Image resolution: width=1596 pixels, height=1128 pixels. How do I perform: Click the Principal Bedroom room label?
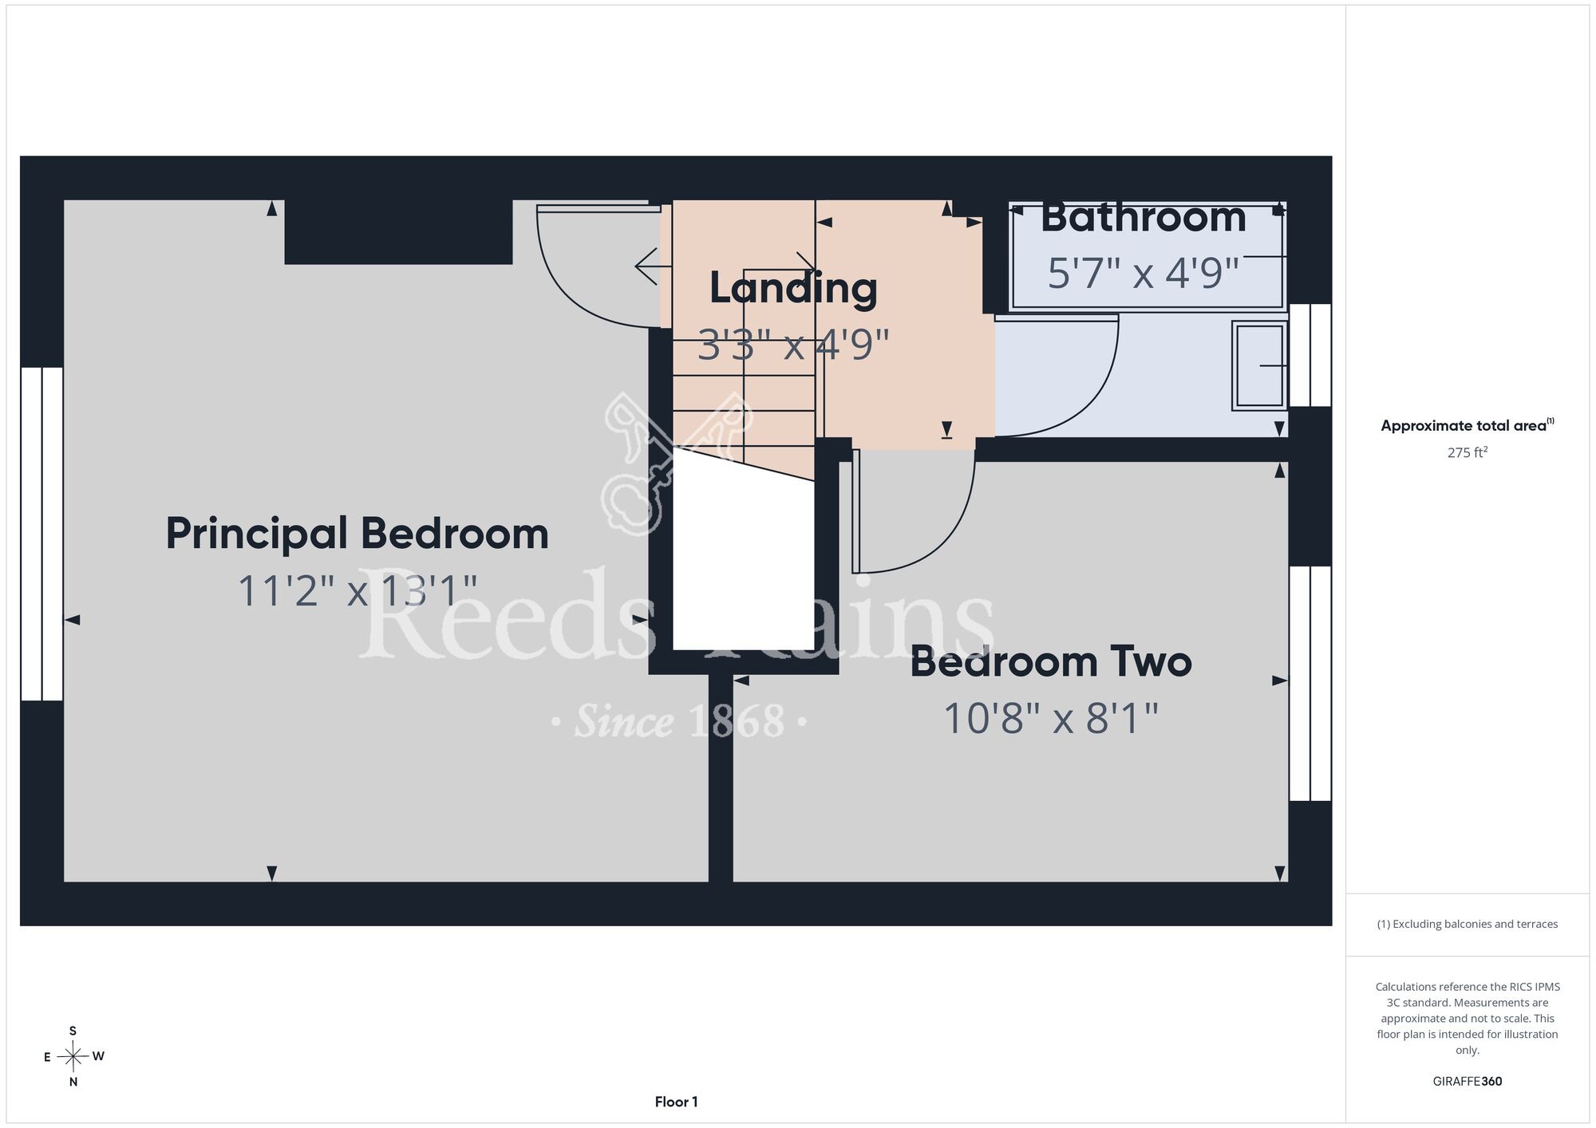coord(357,534)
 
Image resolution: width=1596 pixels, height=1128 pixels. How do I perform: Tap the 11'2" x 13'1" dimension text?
coord(358,592)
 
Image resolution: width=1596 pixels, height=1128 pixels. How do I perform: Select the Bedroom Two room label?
coord(1051,662)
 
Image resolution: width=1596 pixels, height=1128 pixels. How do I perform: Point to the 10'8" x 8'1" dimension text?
coord(1051,718)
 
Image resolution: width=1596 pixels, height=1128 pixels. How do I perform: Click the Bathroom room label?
coord(1143,218)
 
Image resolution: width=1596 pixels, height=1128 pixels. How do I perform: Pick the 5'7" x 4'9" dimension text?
coord(1143,273)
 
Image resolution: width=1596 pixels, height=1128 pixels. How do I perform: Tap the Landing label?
coord(793,289)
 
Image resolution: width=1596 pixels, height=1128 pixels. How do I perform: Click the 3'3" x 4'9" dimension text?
coord(793,345)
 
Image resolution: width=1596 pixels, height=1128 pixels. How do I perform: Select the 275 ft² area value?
coord(1468,452)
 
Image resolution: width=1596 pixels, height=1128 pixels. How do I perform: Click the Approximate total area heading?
coord(1468,425)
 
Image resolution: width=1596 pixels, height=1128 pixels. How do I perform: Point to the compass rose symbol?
coord(73,1057)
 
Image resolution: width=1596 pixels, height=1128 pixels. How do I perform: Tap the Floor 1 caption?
coord(676,1102)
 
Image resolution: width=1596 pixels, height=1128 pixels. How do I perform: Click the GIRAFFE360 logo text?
coord(1468,1082)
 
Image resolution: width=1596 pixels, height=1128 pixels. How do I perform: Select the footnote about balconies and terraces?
coord(1468,924)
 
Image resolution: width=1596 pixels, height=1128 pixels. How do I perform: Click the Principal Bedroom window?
coord(41,534)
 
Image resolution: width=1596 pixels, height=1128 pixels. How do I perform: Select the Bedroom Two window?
coord(1310,684)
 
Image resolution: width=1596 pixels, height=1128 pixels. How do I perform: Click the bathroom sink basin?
coord(1259,365)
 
